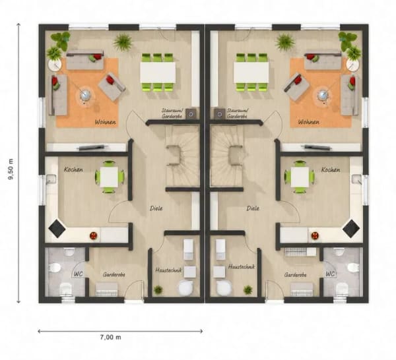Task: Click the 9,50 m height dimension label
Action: tap(11, 169)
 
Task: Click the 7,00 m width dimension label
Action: tap(111, 337)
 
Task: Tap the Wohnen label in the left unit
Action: tap(106, 122)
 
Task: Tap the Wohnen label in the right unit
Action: tap(308, 122)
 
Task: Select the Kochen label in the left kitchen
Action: tap(73, 169)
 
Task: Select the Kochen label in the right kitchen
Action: tap(331, 170)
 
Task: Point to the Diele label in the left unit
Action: tap(156, 208)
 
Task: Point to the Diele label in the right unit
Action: tap(253, 208)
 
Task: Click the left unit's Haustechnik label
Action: tap(168, 270)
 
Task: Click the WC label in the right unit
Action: tap(330, 274)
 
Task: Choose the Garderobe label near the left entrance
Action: tap(114, 274)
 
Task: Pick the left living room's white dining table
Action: tap(158, 72)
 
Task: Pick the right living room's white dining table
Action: tap(251, 72)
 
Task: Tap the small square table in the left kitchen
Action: tap(109, 177)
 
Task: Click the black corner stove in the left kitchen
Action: tap(57, 229)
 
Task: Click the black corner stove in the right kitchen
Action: tap(351, 229)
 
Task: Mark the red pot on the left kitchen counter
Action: tap(94, 235)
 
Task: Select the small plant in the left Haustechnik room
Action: tap(158, 289)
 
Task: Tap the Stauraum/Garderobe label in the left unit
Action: tap(173, 113)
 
